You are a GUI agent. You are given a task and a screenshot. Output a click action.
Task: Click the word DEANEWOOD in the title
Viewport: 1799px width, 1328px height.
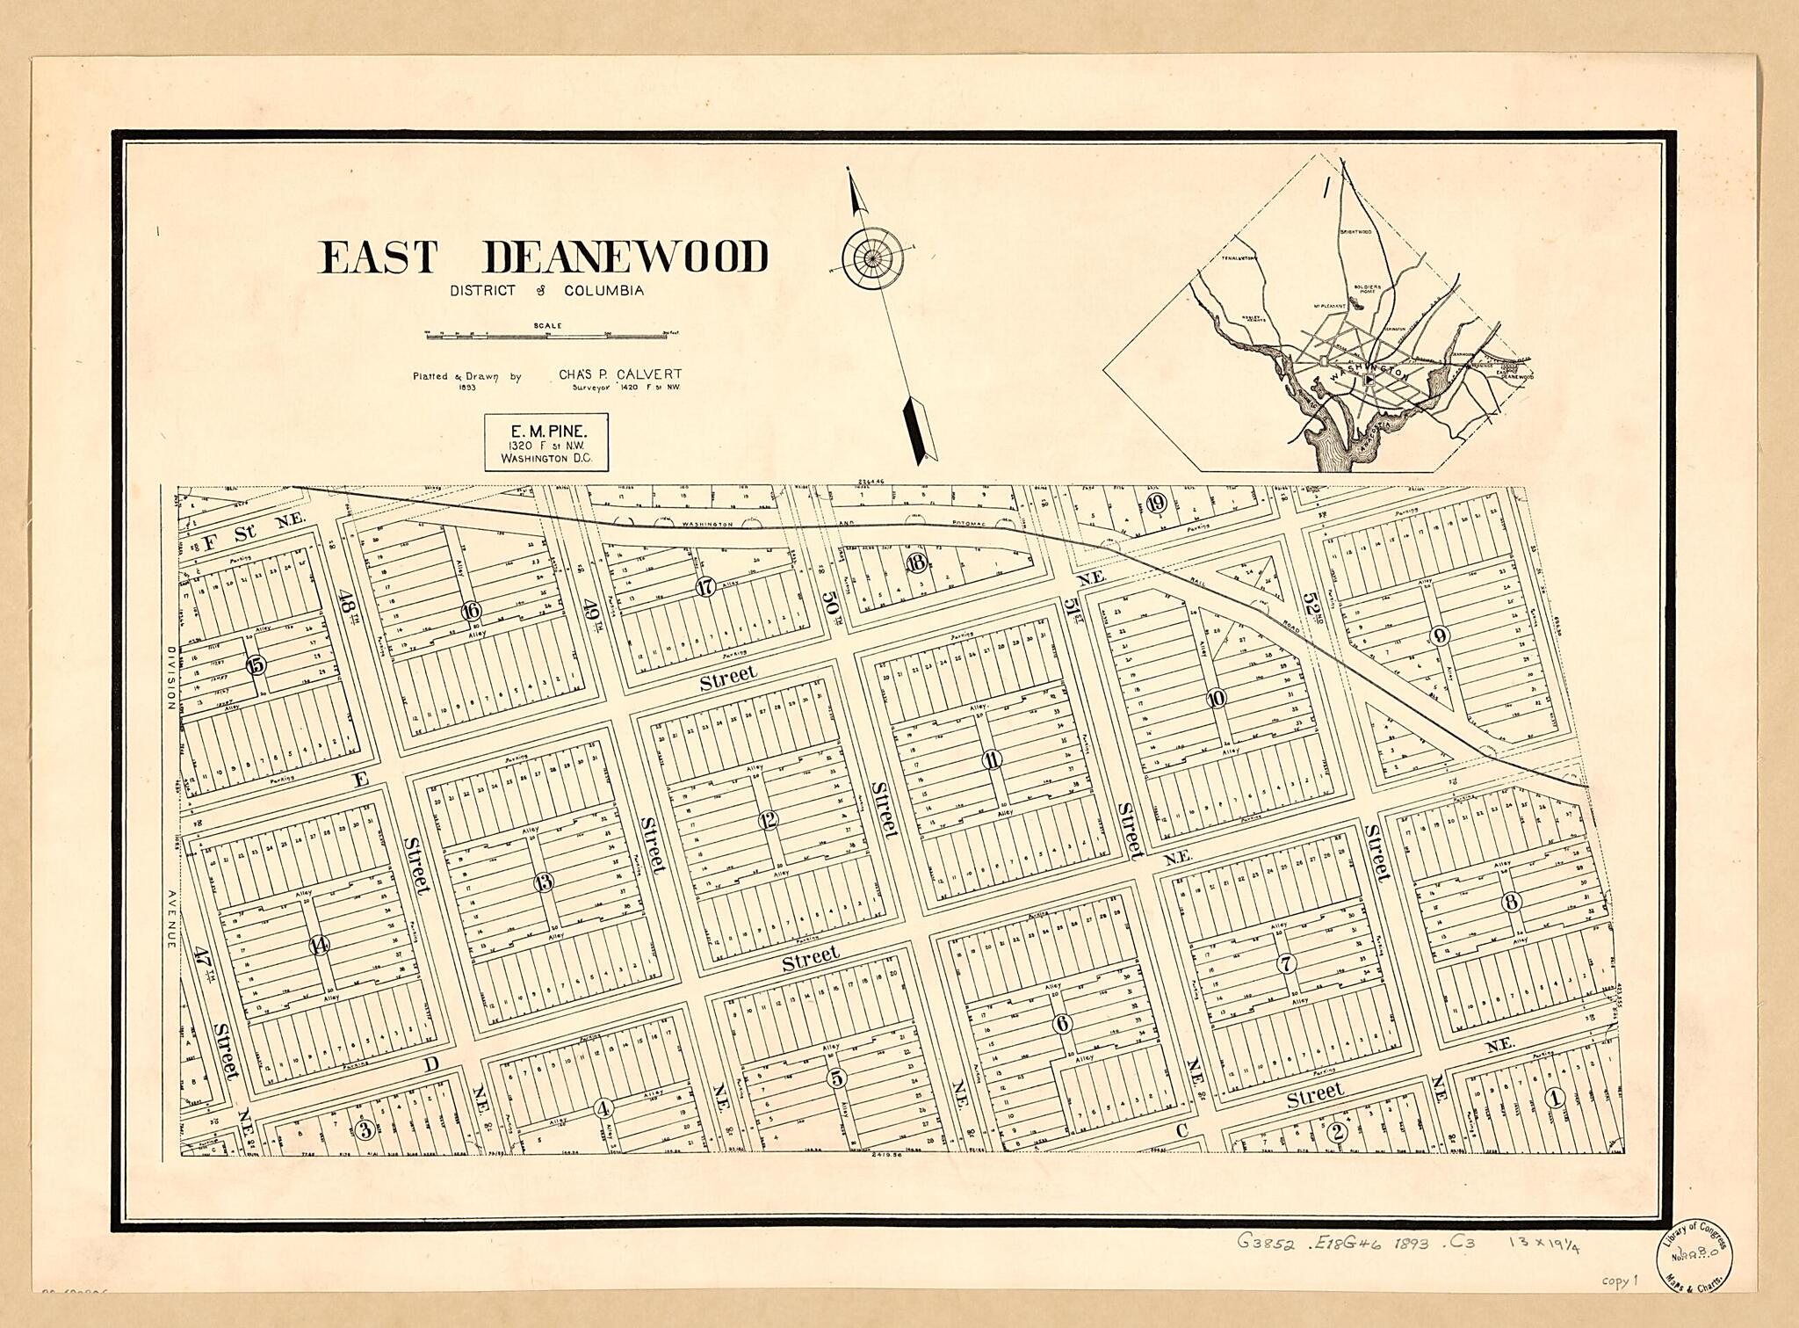pos(625,258)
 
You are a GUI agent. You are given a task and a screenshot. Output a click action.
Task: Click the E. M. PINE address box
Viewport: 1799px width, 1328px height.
pos(545,443)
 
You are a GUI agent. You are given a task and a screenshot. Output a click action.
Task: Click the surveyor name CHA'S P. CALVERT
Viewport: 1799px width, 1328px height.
pos(620,374)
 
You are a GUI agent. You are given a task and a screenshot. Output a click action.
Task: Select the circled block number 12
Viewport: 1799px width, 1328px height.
pos(769,821)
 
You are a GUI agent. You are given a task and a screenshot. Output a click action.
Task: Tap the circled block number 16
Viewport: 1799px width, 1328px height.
pos(471,612)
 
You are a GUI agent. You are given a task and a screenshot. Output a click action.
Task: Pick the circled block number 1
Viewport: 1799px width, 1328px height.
pos(1555,1097)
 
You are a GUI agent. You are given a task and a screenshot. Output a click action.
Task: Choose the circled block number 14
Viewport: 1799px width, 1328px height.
pos(319,945)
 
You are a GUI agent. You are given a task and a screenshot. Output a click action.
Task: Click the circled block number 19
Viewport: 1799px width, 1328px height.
pos(1156,504)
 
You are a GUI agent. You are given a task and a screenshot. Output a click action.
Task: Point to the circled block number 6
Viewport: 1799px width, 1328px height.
pos(1062,1024)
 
